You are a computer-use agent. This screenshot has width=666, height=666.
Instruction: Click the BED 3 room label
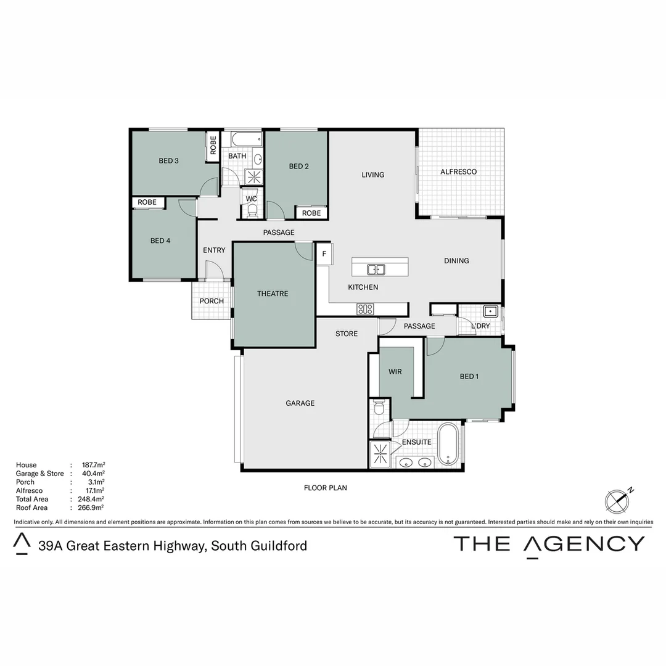tap(168, 161)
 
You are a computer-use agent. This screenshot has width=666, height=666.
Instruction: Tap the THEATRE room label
tap(273, 294)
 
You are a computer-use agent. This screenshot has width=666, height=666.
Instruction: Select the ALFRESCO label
tap(458, 171)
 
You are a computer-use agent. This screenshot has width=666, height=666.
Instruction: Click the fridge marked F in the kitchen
tap(324, 254)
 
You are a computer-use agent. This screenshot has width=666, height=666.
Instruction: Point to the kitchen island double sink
tap(376, 269)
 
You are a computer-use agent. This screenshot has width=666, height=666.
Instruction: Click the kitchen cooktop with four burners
tap(365, 309)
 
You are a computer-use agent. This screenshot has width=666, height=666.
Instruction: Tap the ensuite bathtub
tap(448, 445)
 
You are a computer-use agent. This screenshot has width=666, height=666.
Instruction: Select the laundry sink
tap(491, 311)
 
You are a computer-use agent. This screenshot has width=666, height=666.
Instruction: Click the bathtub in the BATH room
tap(246, 139)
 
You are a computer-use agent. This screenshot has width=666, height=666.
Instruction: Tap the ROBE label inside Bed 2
tap(311, 213)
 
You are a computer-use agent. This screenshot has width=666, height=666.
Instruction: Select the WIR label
tap(395, 372)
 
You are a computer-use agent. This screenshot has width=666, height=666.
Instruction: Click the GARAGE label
tap(300, 403)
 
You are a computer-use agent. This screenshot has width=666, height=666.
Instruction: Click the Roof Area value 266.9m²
tap(91, 508)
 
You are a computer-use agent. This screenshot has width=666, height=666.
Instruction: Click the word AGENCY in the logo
tap(585, 544)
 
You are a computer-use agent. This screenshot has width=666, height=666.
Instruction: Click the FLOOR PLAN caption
tap(326, 488)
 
